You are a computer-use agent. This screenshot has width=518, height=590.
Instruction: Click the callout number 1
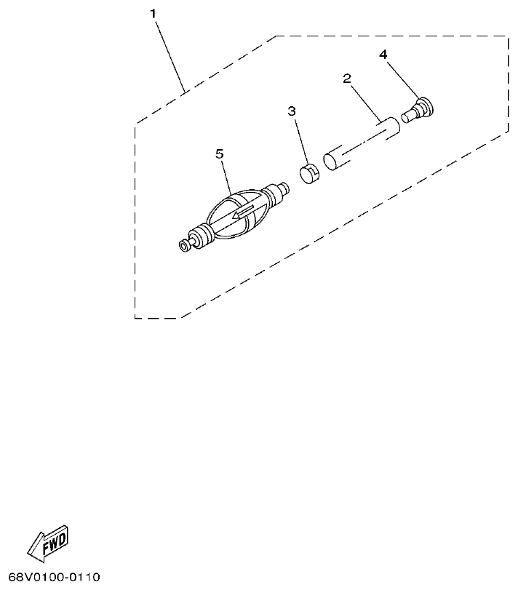pyautogui.click(x=153, y=13)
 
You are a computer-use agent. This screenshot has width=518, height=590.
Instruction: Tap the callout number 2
pyautogui.click(x=347, y=78)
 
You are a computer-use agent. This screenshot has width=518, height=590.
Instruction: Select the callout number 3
pyautogui.click(x=292, y=111)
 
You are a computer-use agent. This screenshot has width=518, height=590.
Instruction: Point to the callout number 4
pyautogui.click(x=383, y=54)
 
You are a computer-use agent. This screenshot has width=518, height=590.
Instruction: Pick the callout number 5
pyautogui.click(x=220, y=153)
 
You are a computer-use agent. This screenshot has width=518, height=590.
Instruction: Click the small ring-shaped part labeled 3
pyautogui.click(x=309, y=175)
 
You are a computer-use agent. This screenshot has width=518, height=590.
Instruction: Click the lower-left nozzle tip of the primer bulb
pyautogui.click(x=185, y=247)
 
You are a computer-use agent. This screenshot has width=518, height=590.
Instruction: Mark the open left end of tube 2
pyautogui.click(x=332, y=161)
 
